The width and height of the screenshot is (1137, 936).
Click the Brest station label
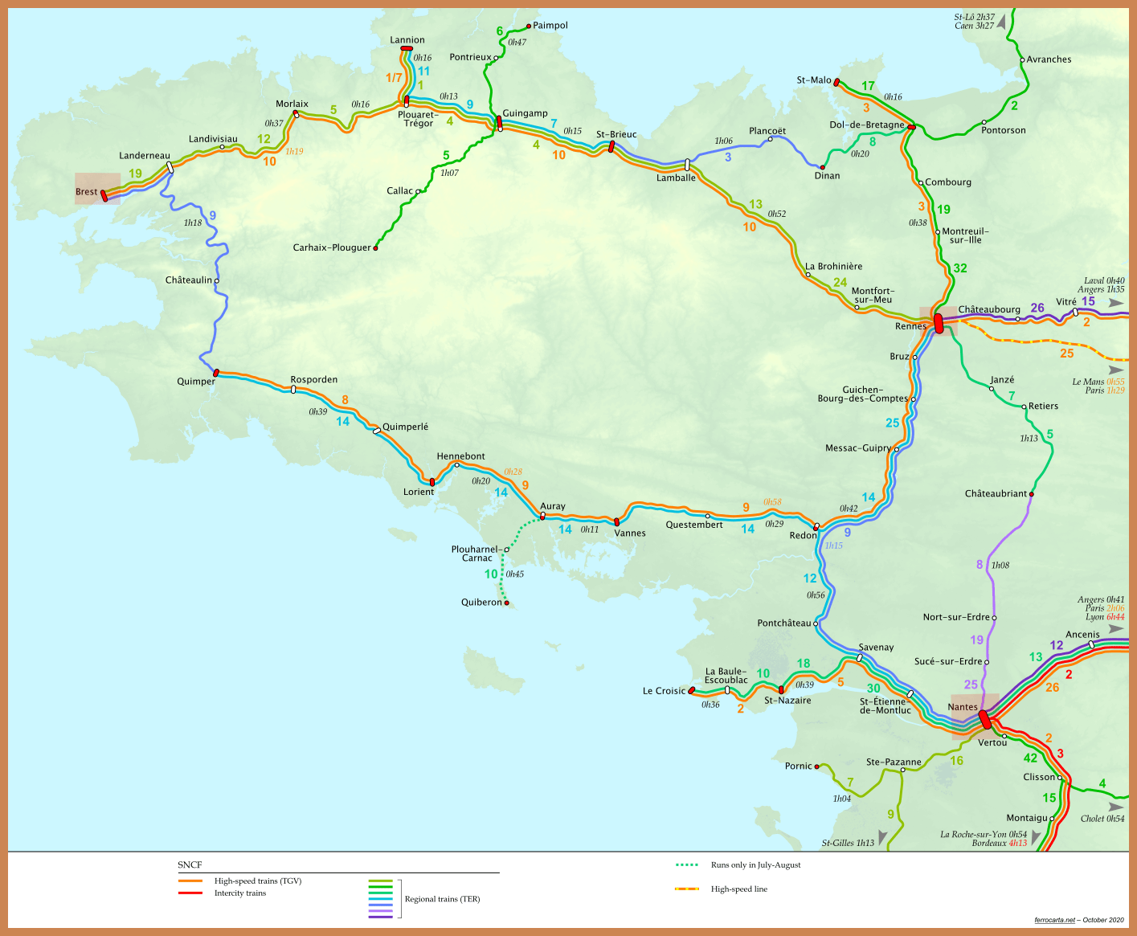click(x=86, y=192)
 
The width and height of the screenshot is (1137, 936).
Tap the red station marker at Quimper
click(x=216, y=373)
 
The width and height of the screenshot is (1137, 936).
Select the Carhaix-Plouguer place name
click(x=332, y=248)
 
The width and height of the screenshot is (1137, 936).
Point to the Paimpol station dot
click(x=528, y=26)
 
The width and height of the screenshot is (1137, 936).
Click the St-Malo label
click(x=814, y=80)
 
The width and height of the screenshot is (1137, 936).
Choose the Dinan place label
click(x=827, y=176)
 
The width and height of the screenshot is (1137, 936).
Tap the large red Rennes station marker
click(x=939, y=323)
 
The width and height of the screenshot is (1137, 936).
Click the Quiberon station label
click(x=481, y=603)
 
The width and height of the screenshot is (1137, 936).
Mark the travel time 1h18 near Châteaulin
click(x=193, y=223)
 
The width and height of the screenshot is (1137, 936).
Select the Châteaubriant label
click(x=996, y=494)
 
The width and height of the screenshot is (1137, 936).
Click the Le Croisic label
click(x=664, y=691)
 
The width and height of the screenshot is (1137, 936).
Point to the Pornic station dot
click(x=816, y=766)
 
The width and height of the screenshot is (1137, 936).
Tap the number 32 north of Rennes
click(x=960, y=268)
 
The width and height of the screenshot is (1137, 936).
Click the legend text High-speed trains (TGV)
click(x=257, y=881)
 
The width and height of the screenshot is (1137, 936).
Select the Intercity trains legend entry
click(x=239, y=893)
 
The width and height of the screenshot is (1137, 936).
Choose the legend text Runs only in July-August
click(x=755, y=865)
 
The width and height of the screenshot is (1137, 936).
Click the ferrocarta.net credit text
click(x=1054, y=920)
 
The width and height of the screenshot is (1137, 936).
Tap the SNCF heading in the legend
click(x=190, y=865)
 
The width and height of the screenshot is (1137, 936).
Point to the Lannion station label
click(x=407, y=40)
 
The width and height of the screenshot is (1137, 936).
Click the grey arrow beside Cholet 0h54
click(x=1116, y=807)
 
